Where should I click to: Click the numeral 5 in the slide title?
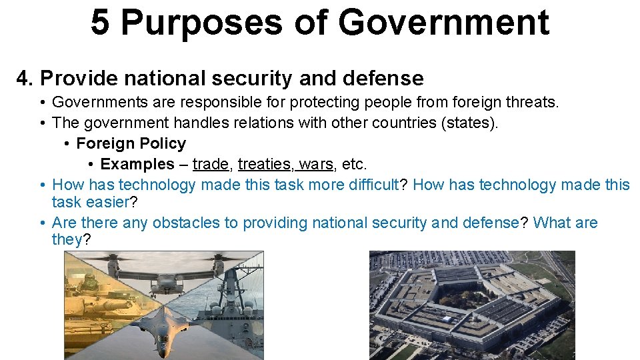tap(100, 22)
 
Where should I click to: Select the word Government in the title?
tap(443, 22)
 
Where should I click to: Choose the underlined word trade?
tap(209, 164)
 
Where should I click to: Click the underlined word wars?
tap(316, 164)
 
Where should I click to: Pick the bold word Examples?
tap(137, 164)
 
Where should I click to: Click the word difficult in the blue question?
tap(373, 184)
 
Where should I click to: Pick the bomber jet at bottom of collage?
tap(164, 337)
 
